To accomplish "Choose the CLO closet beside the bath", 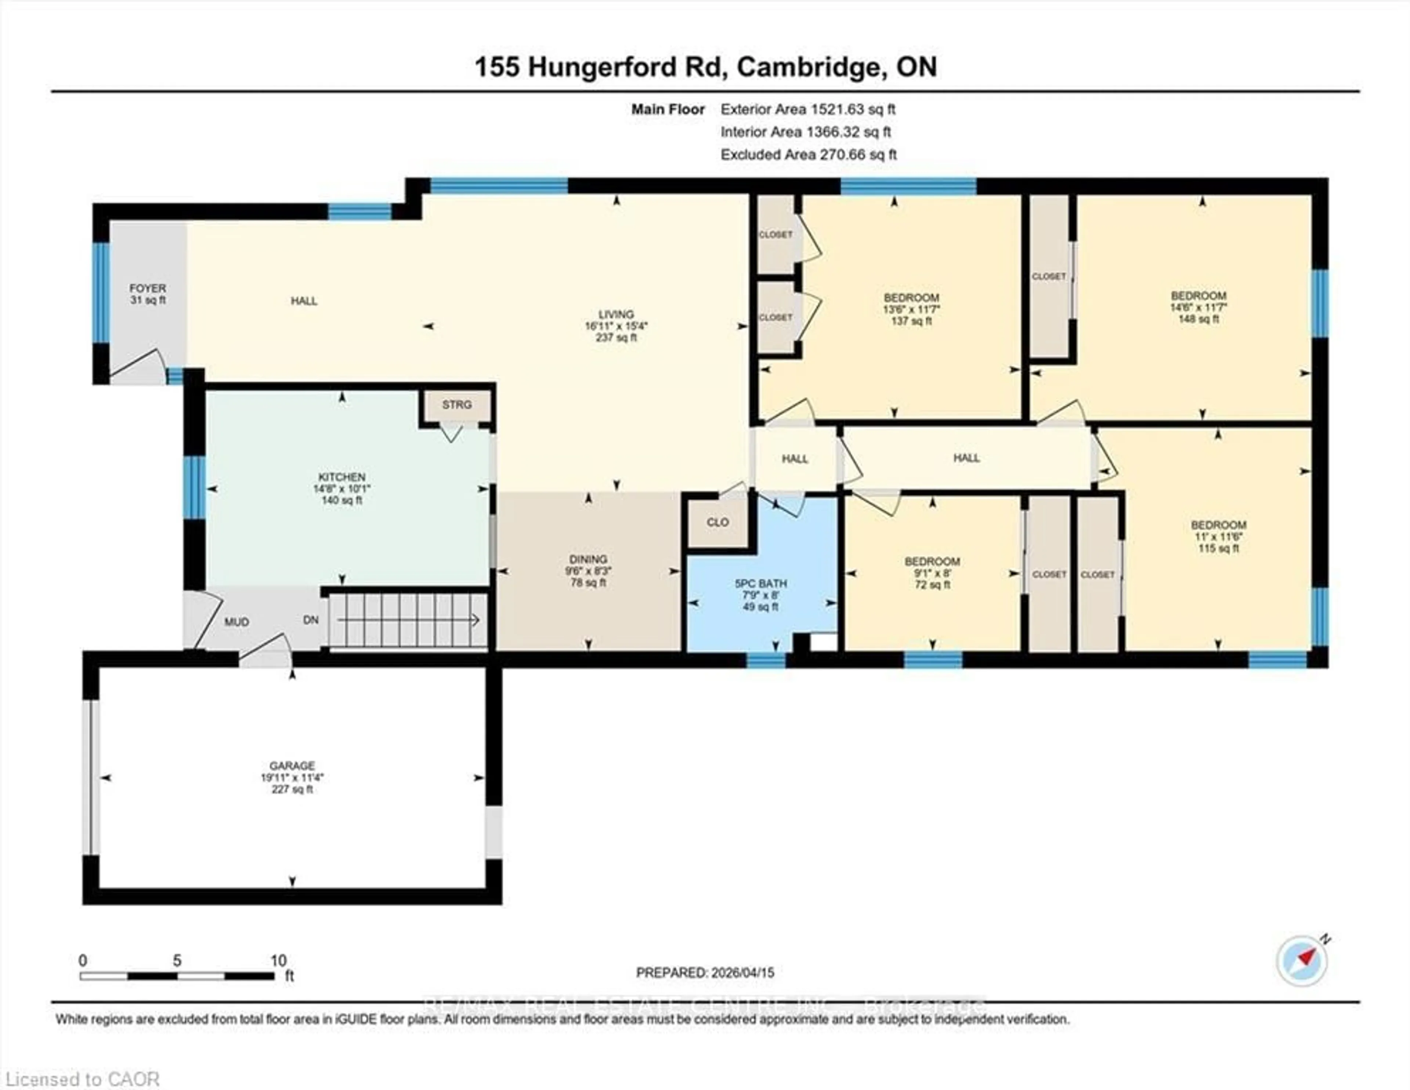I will pos(717,522).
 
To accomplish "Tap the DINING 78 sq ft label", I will pos(587,570).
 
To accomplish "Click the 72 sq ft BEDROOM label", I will pos(932,573).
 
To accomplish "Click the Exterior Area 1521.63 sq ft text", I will pos(808,109).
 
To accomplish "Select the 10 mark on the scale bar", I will pos(278,960).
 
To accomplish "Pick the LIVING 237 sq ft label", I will pos(616,326).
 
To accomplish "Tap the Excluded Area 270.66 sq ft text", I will pos(808,154).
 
